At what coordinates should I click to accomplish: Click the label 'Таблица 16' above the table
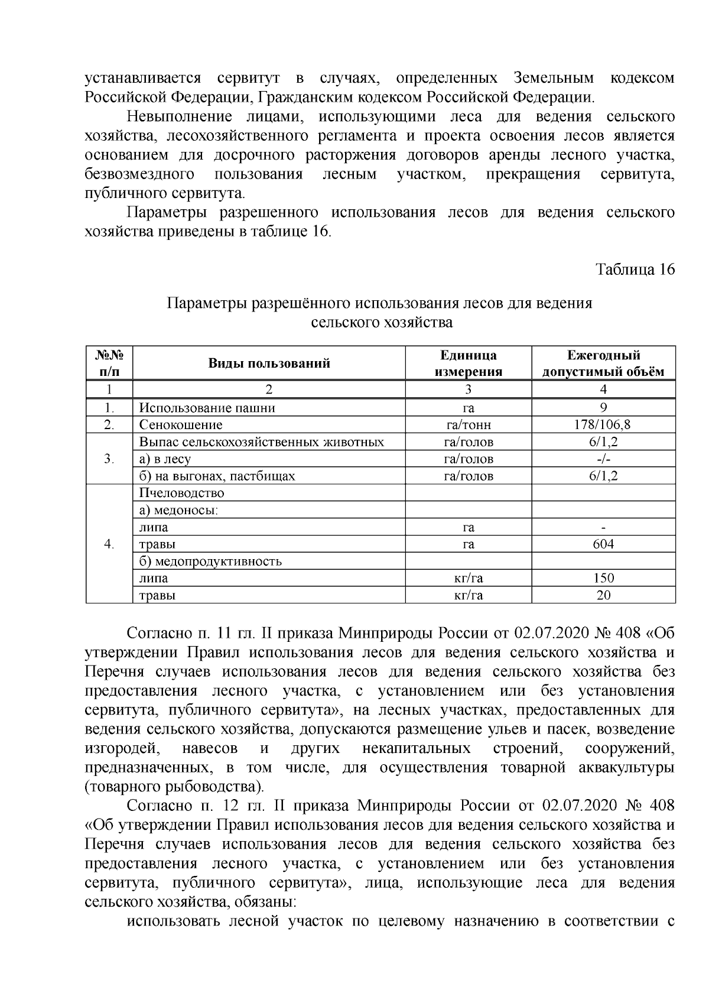[635, 270]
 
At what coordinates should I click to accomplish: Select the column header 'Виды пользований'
[269, 363]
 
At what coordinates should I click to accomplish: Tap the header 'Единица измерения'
[468, 363]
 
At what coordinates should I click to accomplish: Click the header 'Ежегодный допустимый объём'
[603, 363]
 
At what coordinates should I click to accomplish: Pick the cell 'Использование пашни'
[207, 408]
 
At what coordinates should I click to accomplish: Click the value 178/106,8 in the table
[603, 425]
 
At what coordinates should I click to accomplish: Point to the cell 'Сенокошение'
[181, 425]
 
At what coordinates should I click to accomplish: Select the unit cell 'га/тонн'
[468, 425]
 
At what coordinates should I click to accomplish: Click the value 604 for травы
[603, 544]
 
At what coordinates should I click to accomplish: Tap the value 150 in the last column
[603, 578]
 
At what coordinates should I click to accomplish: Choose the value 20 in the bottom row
[603, 595]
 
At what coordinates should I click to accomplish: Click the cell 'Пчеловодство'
[182, 493]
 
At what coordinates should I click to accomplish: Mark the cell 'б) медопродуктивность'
[210, 561]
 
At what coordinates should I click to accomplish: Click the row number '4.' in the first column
[109, 544]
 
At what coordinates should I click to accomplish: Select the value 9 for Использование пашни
[603, 408]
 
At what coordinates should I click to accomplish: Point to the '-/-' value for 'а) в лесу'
[603, 459]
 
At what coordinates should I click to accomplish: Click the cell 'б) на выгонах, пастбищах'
[217, 476]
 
